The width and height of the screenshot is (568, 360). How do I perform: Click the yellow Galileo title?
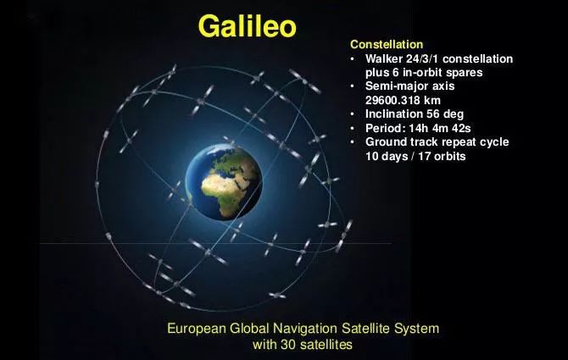point(248,26)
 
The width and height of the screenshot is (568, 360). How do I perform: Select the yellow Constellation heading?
point(387,44)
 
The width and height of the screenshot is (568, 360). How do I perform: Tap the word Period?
point(386,128)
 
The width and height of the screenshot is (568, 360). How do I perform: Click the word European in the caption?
point(197,329)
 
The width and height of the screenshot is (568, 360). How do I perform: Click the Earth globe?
point(224,182)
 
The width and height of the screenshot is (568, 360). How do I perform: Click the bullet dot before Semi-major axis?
point(353,86)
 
